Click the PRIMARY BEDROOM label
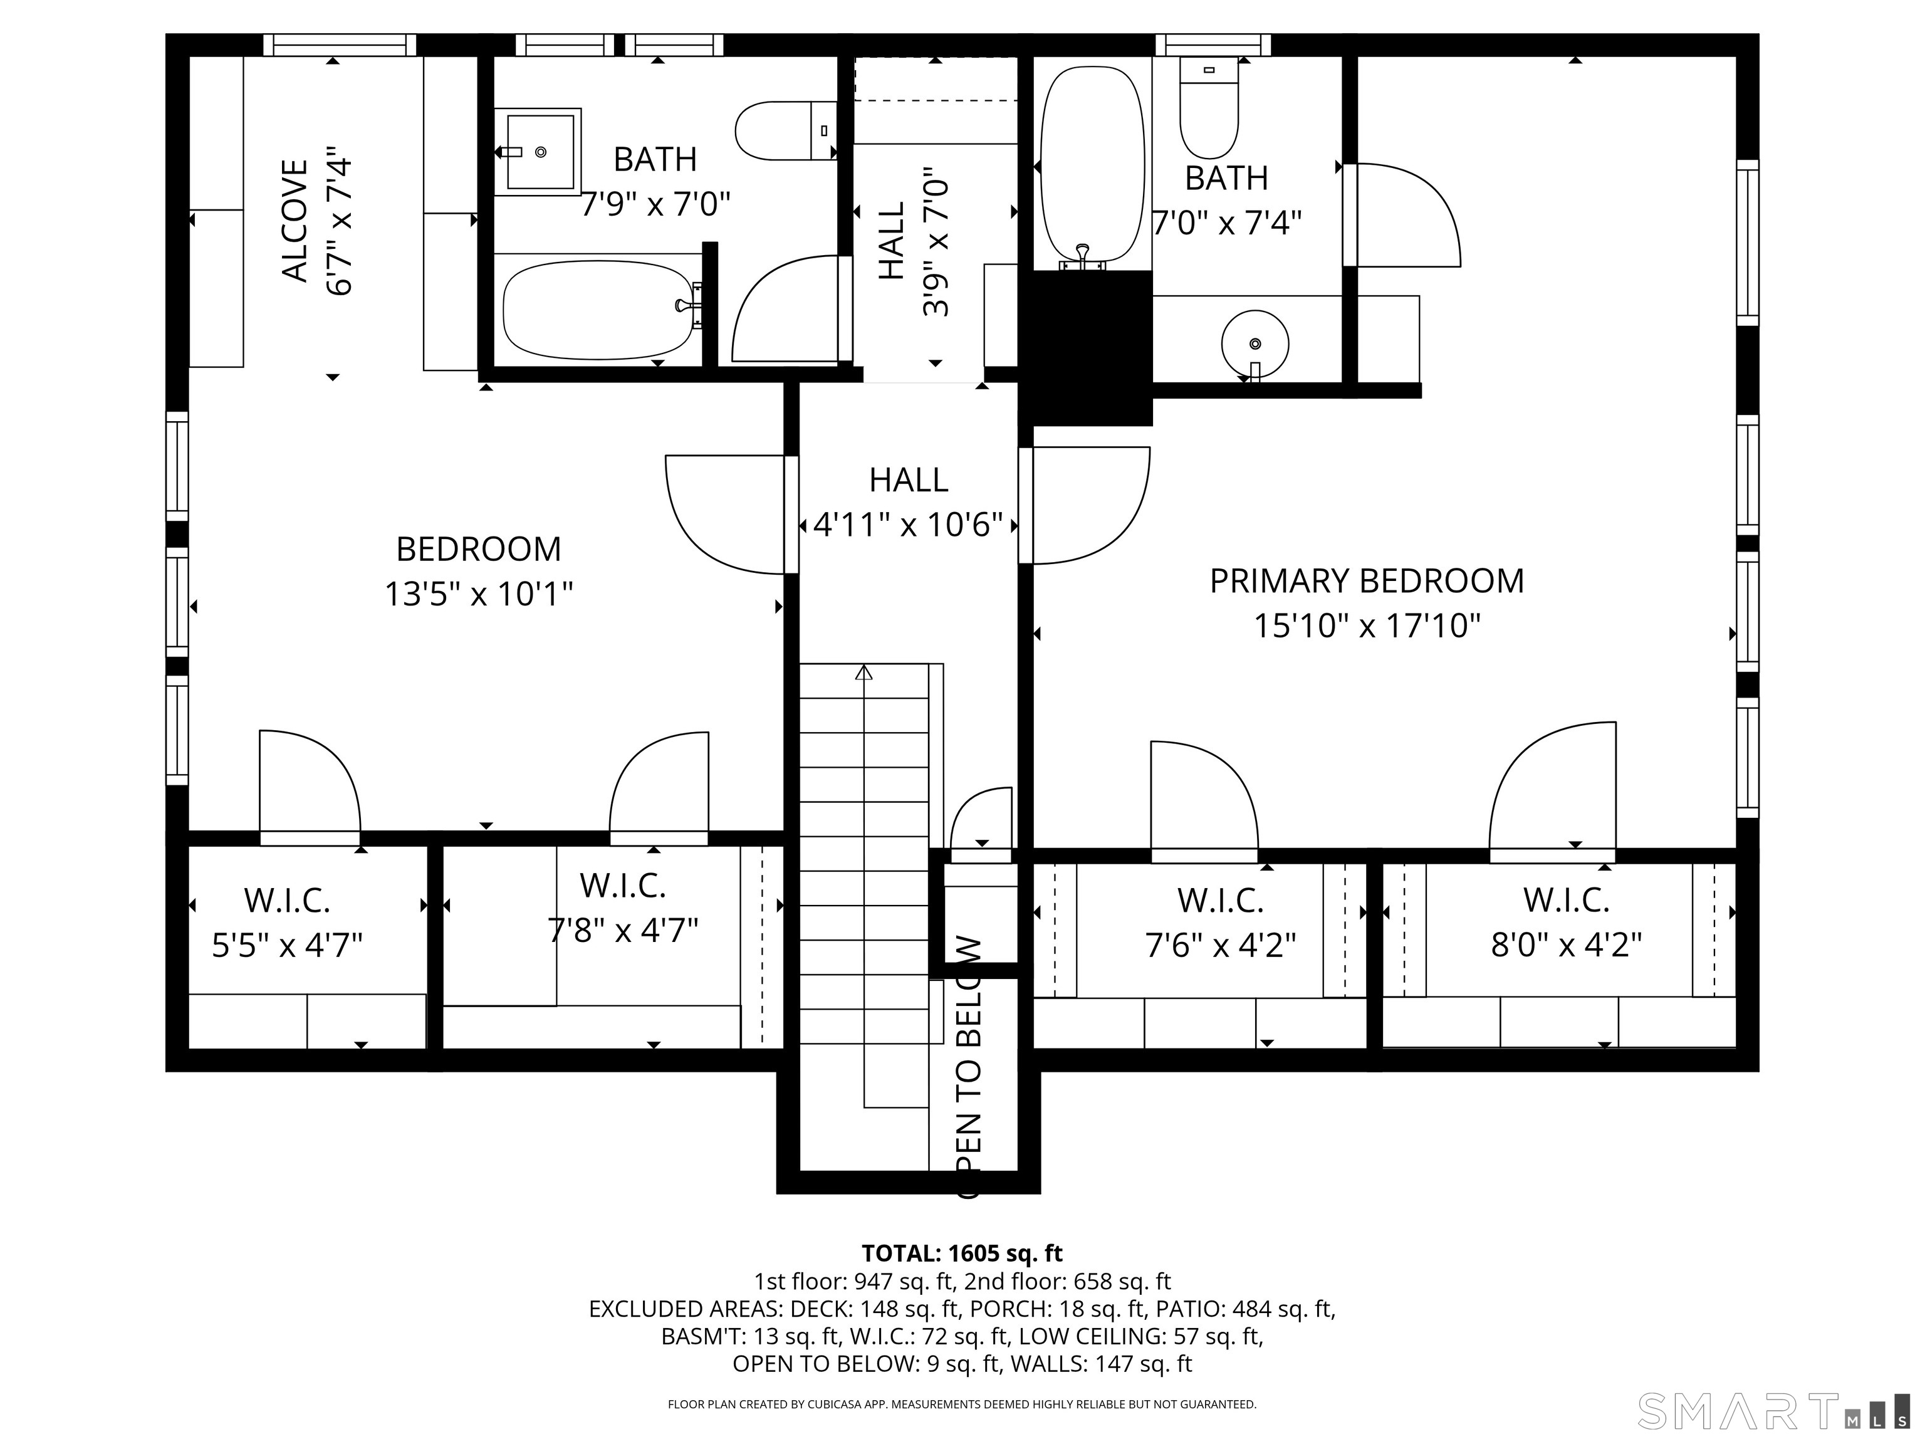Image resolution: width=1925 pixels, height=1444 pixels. tap(1366, 580)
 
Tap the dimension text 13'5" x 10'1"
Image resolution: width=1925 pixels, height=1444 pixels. tap(479, 595)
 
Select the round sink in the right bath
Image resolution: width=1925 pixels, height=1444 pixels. tap(1254, 344)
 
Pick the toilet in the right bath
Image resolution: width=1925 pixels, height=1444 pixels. tap(1209, 109)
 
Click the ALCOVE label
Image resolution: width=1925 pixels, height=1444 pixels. tap(296, 221)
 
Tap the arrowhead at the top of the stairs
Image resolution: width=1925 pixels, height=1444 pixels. tap(863, 673)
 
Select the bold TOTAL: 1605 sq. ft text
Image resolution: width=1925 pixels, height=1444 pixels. tap(962, 1253)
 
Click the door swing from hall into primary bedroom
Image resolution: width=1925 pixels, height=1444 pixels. tap(1088, 505)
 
